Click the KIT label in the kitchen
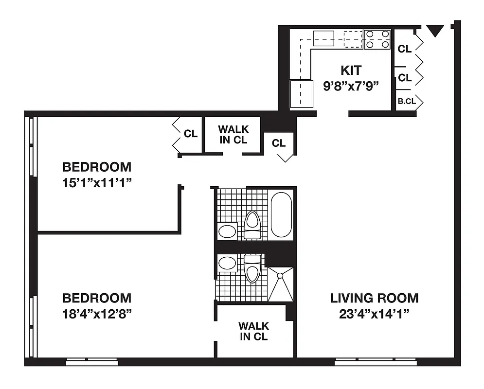coord(351,71)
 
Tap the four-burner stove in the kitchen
coord(377,39)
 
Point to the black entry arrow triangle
coord(434,32)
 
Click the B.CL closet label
coord(406,102)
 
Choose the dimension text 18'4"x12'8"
coord(97,313)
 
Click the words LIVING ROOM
coord(374,298)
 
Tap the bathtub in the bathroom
coord(281,214)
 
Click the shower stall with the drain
coord(281,284)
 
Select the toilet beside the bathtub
coord(252,225)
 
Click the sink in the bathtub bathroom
coord(227,230)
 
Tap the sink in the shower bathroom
coord(227,263)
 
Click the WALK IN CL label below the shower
coord(253,331)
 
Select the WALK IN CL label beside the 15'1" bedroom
coord(233,135)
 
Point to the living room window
coord(376,362)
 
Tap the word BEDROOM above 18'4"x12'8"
coord(97,298)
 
